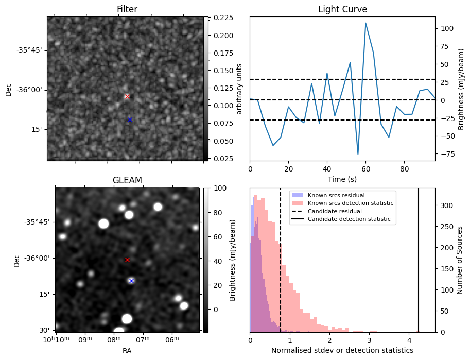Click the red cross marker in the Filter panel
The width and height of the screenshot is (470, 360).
(127, 96)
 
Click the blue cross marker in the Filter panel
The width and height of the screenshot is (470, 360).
(130, 119)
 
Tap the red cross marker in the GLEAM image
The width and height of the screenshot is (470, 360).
(127, 260)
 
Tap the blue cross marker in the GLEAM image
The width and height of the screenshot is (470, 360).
(131, 281)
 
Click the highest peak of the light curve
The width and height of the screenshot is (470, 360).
(365, 23)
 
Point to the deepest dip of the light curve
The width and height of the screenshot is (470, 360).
(358, 154)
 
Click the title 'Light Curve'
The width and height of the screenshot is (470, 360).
(342, 9)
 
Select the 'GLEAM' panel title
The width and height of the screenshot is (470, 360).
(127, 180)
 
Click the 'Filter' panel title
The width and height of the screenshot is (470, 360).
(127, 9)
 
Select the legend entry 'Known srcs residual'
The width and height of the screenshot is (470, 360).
(336, 196)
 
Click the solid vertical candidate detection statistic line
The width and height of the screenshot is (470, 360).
(419, 258)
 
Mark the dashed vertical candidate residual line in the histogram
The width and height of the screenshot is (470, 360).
(281, 258)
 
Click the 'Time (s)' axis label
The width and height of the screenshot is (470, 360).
(342, 179)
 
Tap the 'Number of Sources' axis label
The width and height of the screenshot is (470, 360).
(460, 260)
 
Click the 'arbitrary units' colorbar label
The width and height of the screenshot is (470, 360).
(239, 89)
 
